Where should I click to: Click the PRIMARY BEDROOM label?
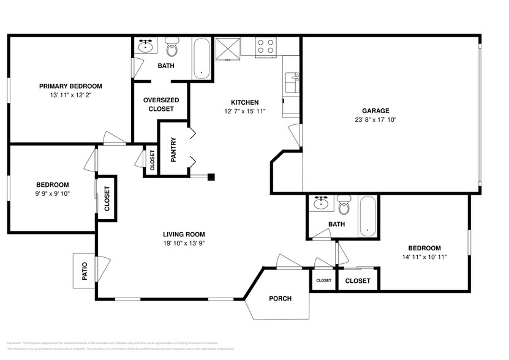pyautogui.click(x=70, y=86)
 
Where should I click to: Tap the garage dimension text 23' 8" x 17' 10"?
pyautogui.click(x=375, y=120)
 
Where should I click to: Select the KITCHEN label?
pyautogui.click(x=244, y=102)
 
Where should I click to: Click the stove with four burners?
pyautogui.click(x=265, y=47)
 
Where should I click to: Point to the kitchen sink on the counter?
pyautogui.click(x=292, y=79)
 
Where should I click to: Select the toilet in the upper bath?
pyautogui.click(x=172, y=48)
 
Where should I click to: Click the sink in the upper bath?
pyautogui.click(x=146, y=47)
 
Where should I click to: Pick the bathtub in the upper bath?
pyautogui.click(x=202, y=59)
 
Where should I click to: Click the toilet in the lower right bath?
pyautogui.click(x=344, y=206)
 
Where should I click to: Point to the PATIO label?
pyautogui.click(x=84, y=270)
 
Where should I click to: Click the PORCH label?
pyautogui.click(x=279, y=299)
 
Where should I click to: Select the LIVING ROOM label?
pyautogui.click(x=184, y=234)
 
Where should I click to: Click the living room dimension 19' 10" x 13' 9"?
pyautogui.click(x=184, y=244)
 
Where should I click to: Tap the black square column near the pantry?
pyautogui.click(x=211, y=177)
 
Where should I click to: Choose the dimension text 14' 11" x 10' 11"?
pyautogui.click(x=424, y=257)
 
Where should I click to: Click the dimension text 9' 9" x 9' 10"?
pyautogui.click(x=52, y=194)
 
